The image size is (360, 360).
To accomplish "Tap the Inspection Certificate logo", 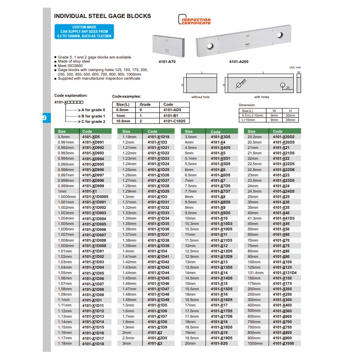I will pyautogui.click(x=195, y=21).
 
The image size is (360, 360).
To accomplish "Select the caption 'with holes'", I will pyautogui.click(x=261, y=97).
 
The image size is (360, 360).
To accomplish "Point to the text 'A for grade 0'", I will pyautogui.click(x=93, y=110).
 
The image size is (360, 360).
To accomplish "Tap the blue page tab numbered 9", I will pyautogui.click(x=44, y=118).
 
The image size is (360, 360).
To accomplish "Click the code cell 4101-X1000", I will pyautogui.click(x=283, y=343).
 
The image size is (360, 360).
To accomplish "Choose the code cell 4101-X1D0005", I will pyautogui.click(x=95, y=197).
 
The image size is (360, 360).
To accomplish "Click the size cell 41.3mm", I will pyautogui.click(x=255, y=218).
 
